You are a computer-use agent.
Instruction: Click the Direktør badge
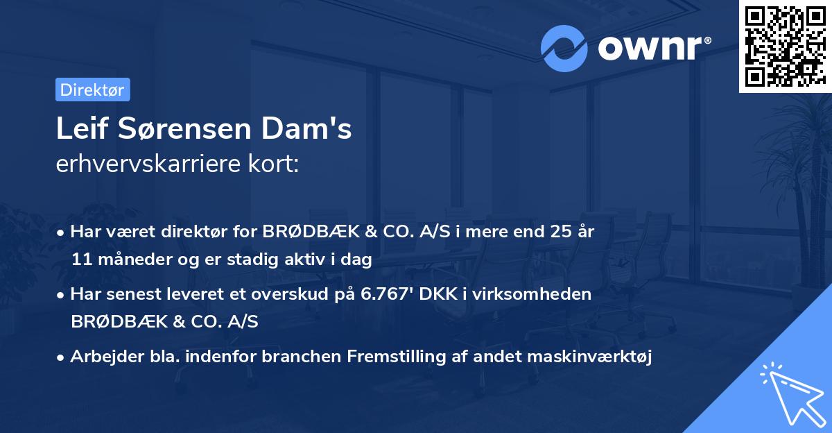tap(92, 90)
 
